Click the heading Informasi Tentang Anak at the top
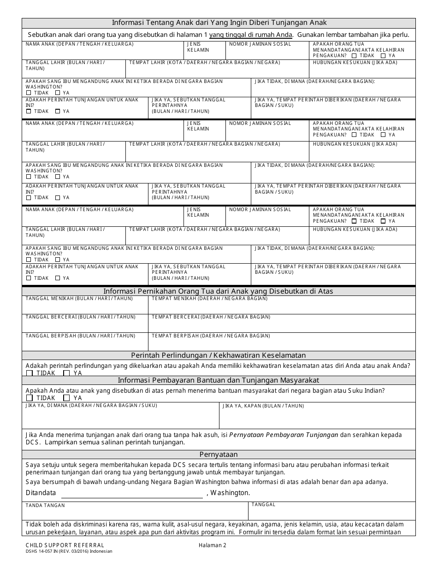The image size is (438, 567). tap(219, 23)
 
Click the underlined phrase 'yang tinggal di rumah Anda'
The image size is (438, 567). tap(251, 35)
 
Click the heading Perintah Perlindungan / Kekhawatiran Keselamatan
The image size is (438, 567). tap(219, 355)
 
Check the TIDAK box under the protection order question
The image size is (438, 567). tap(30, 373)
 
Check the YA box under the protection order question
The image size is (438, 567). tap(66, 373)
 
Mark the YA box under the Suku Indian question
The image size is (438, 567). tap(66, 398)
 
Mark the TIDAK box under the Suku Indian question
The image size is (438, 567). tap(30, 398)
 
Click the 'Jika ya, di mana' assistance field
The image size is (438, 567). tap(120, 418)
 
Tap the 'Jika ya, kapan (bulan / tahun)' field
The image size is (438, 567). tap(317, 418)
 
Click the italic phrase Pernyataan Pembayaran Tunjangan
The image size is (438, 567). tap(284, 435)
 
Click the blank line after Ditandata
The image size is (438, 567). tap(132, 494)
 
